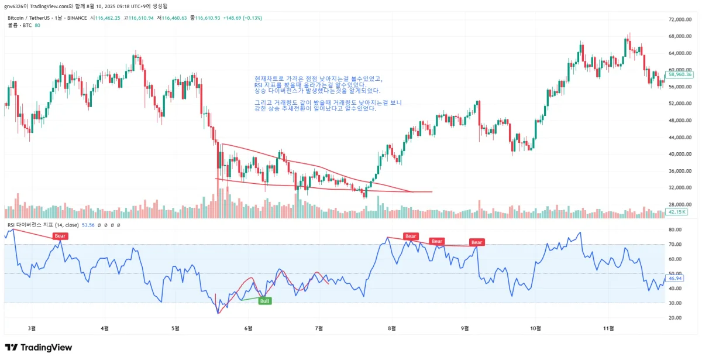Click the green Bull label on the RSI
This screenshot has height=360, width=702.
pyautogui.click(x=264, y=301)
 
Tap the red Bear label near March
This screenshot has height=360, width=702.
pyautogui.click(x=60, y=236)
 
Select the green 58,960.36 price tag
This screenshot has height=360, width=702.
pyautogui.click(x=680, y=75)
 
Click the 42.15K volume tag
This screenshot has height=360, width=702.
pyautogui.click(x=678, y=211)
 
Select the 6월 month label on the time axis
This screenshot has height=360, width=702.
pyautogui.click(x=248, y=328)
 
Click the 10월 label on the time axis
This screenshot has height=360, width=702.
pyautogui.click(x=535, y=328)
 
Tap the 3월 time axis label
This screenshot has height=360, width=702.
pyautogui.click(x=32, y=328)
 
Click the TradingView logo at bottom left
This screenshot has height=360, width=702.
pyautogui.click(x=39, y=348)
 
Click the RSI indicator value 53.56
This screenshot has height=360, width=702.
pyautogui.click(x=88, y=225)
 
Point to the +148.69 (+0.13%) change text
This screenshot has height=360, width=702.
pyautogui.click(x=243, y=18)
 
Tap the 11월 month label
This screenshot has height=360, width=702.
pyautogui.click(x=608, y=328)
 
